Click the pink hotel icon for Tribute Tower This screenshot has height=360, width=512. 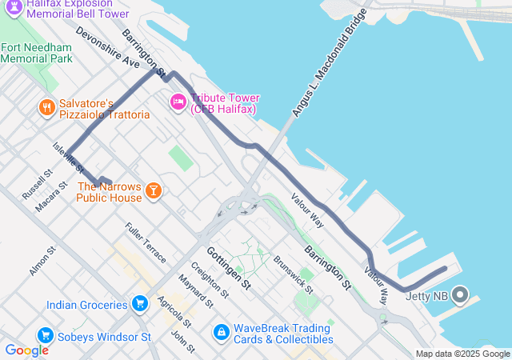pyautogui.click(x=178, y=102)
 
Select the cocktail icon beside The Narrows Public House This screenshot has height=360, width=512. pyautogui.click(x=153, y=190)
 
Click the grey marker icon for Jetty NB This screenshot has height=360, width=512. pyautogui.click(x=459, y=295)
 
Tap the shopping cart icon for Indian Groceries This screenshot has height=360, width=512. pyautogui.click(x=140, y=305)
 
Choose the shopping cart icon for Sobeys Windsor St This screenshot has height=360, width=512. pyautogui.click(x=45, y=337)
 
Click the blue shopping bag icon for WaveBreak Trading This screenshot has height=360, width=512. pyautogui.click(x=221, y=330)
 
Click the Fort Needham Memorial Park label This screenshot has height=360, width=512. pyautogui.click(x=37, y=52)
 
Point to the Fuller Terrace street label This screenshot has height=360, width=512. pyautogui.click(x=146, y=242)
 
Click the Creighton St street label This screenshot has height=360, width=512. pyautogui.click(x=208, y=281)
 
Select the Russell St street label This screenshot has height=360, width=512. pyautogui.click(x=37, y=184)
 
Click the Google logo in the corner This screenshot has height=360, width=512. pyautogui.click(x=26, y=350)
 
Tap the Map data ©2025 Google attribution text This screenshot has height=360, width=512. pyautogui.click(x=462, y=354)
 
